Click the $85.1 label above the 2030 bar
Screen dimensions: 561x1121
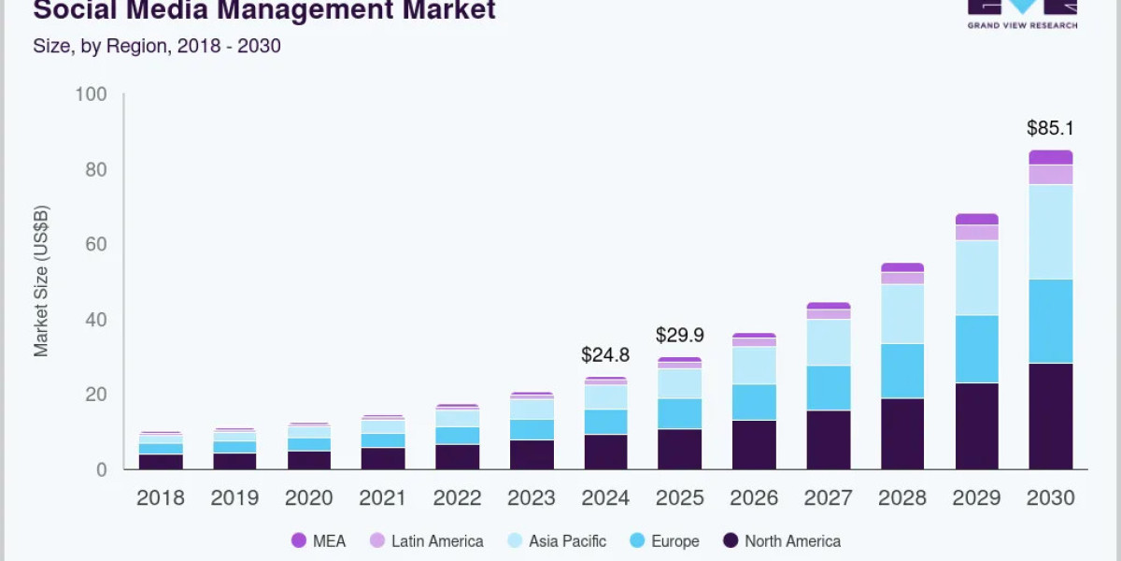[1050, 128]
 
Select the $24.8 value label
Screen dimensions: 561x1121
[605, 355]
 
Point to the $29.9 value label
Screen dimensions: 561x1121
[679, 335]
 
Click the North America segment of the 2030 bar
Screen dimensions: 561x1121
[1050, 416]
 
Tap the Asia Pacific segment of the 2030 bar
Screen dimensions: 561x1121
[1050, 232]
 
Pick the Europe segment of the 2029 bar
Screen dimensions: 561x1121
[976, 349]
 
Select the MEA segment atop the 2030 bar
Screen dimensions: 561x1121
[1050, 157]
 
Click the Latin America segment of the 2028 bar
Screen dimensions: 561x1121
[902, 278]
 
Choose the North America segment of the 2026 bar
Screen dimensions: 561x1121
[754, 444]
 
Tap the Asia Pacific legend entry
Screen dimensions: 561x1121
[555, 540]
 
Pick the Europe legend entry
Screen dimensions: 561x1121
[662, 540]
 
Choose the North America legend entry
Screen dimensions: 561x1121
[781, 540]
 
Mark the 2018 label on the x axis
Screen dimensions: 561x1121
[161, 497]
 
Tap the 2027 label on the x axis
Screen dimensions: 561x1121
[828, 497]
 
